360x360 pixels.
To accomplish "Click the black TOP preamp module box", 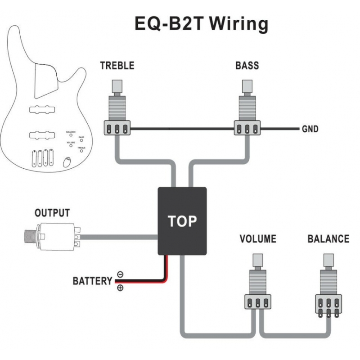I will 182,220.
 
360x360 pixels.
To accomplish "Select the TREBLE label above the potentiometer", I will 117,66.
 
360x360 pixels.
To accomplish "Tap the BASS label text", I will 247,66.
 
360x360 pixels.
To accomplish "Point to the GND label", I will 310,129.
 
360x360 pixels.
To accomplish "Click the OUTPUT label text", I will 52,212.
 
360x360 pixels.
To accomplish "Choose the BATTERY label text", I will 92,281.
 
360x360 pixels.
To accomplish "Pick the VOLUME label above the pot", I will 258,238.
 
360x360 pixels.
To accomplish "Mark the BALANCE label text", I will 328,238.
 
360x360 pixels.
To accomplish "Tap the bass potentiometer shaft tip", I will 247,85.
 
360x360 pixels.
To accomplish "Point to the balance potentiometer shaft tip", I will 328,260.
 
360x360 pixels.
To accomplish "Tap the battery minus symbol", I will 120,274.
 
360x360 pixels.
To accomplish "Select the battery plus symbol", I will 120,288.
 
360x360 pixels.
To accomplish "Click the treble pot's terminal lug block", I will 117,128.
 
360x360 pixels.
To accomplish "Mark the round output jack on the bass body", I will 67,162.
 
